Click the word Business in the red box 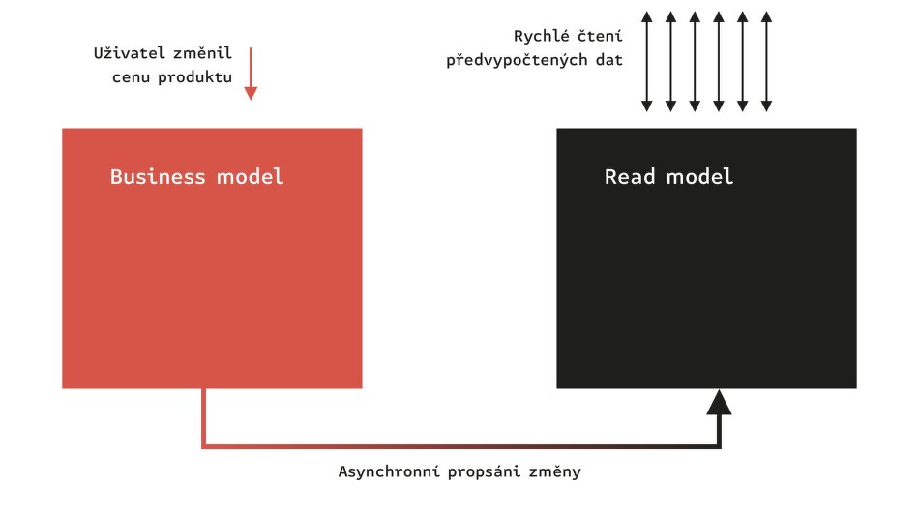click(158, 177)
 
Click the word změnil click(202, 52)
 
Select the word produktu click(196, 77)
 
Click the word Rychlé click(543, 36)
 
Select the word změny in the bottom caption click(556, 472)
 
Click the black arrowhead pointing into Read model click(719, 402)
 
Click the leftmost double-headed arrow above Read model click(646, 60)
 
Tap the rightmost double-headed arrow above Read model click(767, 60)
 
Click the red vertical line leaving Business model click(204, 416)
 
